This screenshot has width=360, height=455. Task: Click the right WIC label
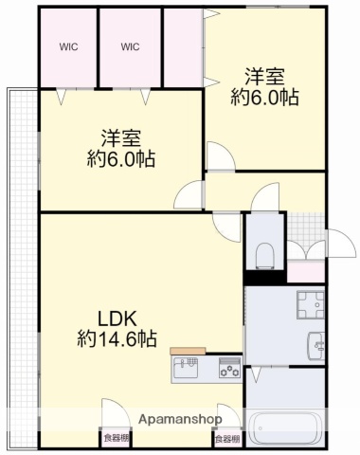[130, 45]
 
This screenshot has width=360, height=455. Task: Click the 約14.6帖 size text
[117, 338]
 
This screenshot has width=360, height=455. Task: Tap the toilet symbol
[265, 253]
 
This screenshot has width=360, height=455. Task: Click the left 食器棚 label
[117, 437]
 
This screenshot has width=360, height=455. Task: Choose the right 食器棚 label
[226, 437]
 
